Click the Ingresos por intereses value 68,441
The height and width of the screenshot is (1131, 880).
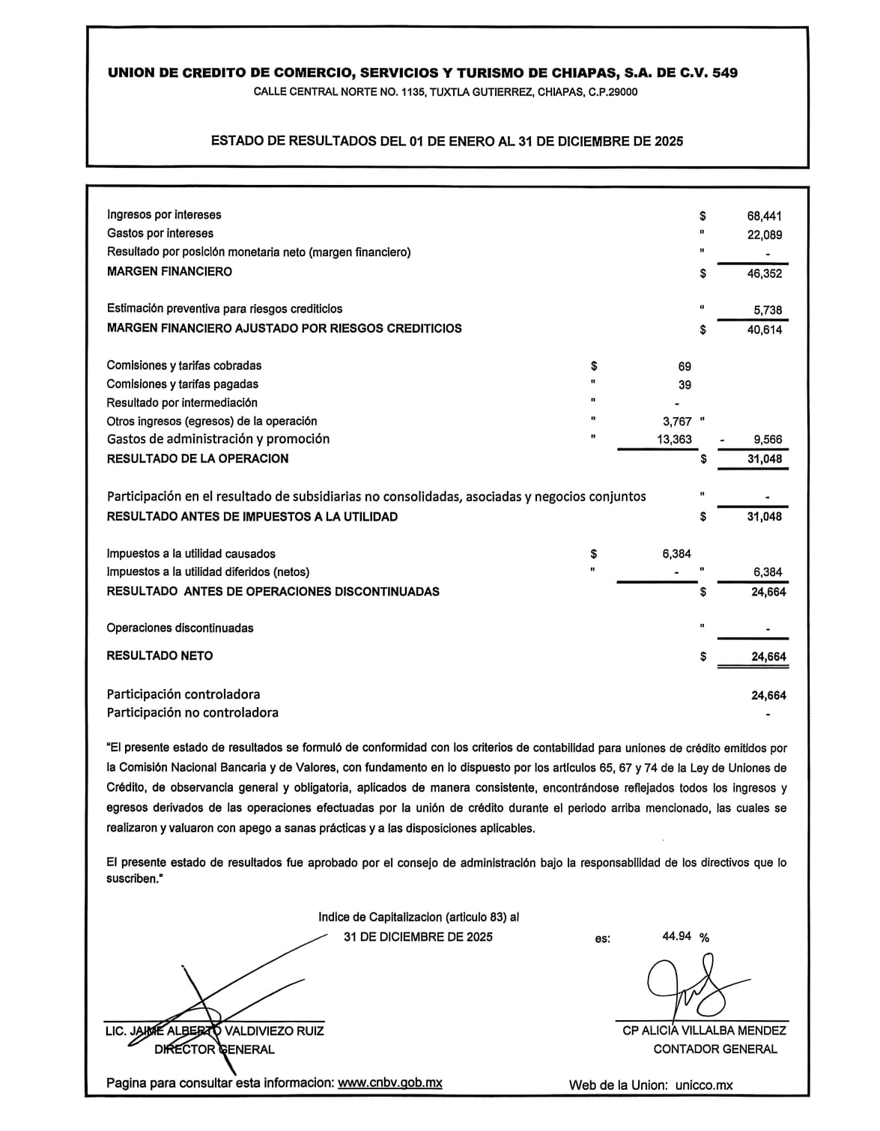764,216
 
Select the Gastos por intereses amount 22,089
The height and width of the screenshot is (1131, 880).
764,235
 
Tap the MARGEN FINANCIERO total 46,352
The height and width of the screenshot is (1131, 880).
764,274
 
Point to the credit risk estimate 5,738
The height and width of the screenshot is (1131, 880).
768,310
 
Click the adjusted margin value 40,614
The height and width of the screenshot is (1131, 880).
764,330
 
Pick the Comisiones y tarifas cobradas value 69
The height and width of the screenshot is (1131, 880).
685,367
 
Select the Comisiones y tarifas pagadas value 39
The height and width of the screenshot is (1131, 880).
685,385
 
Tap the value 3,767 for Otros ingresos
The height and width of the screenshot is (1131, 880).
677,422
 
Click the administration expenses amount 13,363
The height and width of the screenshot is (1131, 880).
674,440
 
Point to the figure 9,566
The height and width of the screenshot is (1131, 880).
768,440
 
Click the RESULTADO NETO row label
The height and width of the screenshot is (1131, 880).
160,656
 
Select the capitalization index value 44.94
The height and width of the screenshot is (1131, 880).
677,936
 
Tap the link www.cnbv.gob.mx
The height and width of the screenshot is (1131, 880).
390,1082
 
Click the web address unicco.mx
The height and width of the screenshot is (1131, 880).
703,1085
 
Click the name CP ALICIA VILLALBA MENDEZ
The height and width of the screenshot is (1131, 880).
704,1031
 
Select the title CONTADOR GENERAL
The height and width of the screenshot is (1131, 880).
714,1049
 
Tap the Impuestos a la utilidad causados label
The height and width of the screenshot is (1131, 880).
191,554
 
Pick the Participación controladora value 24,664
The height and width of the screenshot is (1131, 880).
768,696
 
